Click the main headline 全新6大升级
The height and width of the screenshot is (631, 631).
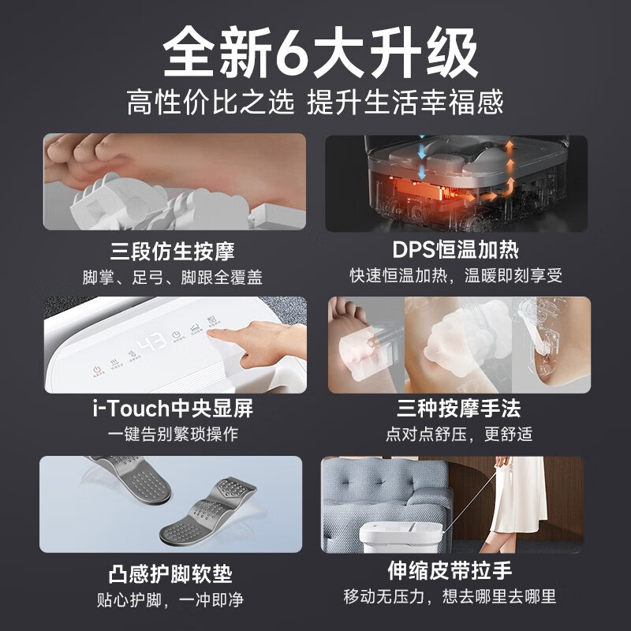[x=320, y=52]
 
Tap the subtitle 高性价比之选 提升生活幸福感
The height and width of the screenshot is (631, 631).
[x=315, y=103]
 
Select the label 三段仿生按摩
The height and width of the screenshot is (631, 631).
[x=173, y=251]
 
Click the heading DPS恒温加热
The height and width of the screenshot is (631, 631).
[x=456, y=250]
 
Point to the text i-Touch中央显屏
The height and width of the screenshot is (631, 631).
[x=173, y=409]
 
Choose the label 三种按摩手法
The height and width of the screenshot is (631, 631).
[x=459, y=409]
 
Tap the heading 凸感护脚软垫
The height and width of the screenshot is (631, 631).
[x=170, y=574]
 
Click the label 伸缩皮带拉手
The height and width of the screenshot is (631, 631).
[x=450, y=570]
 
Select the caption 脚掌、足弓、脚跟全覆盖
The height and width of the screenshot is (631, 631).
[x=173, y=278]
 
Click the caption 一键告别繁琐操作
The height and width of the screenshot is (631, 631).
[x=173, y=435]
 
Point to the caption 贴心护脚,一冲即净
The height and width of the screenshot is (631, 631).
[x=170, y=599]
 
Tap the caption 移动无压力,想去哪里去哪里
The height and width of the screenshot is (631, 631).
[x=450, y=596]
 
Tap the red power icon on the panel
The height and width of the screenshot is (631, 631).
[x=96, y=369]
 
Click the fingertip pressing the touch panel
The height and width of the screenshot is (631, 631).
[x=212, y=333]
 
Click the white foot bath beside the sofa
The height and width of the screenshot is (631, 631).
[x=401, y=536]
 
